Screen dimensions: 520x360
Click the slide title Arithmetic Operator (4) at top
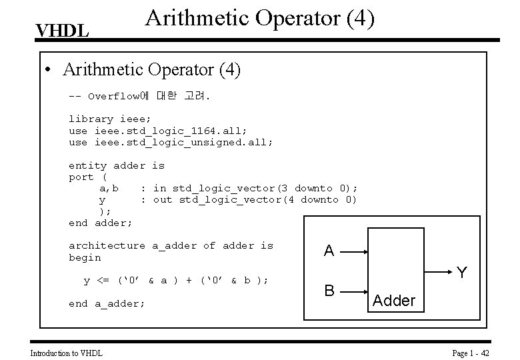tap(259, 19)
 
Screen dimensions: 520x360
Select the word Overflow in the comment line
tap(113, 96)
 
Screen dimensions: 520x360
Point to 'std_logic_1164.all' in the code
tap(171, 131)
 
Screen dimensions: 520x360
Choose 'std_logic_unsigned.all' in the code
tap(184, 142)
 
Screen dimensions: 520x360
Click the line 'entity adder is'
tap(117, 165)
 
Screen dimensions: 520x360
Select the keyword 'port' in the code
tap(81, 177)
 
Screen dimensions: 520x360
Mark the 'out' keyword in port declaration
tap(163, 199)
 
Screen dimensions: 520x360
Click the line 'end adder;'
tap(101, 223)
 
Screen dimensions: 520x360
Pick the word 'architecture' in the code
tap(107, 245)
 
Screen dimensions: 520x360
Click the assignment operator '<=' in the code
tap(103, 281)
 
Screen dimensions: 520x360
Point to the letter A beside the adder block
tap(329, 251)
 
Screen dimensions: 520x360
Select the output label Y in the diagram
tap(461, 273)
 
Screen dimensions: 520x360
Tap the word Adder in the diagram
tap(394, 301)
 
